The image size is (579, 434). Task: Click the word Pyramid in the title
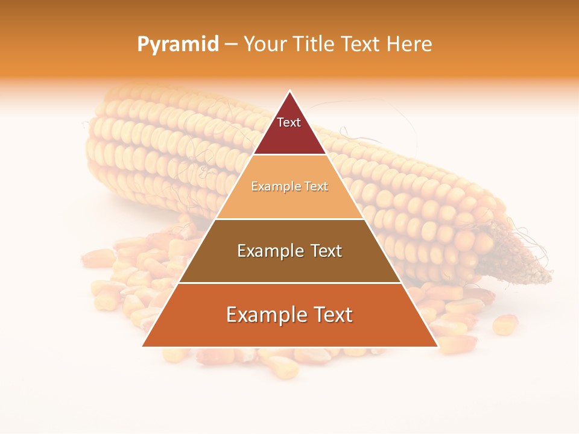coord(177,45)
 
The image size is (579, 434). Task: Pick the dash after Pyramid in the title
coord(230,45)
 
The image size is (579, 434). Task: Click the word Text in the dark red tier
coord(289,122)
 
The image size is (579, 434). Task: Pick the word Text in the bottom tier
coord(331,315)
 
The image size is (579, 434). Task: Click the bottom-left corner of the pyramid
coord(143,346)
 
